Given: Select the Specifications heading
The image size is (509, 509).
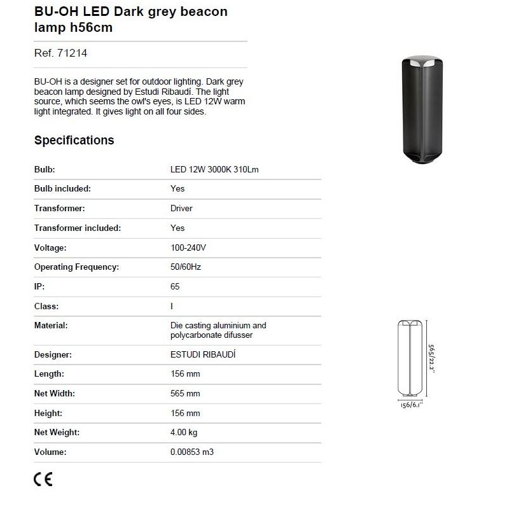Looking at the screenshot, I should point(74,141).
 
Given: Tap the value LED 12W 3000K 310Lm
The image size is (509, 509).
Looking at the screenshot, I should point(214,170).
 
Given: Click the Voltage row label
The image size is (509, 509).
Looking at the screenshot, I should point(50,248).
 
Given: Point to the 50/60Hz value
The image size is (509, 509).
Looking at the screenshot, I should point(186,267).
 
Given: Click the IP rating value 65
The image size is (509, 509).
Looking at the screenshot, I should point(175,287).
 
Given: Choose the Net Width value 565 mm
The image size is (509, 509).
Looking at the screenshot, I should point(185,394).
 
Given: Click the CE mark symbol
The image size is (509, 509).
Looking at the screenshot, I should point(43,479).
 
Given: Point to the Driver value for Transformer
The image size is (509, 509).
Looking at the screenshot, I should point(181,209).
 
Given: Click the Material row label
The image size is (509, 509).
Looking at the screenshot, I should point(51,325).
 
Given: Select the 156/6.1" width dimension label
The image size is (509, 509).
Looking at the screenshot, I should point(411,405).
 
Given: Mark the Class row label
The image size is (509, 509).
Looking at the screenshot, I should point(46,306).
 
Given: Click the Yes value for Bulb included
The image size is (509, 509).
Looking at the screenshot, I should point(178,189).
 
